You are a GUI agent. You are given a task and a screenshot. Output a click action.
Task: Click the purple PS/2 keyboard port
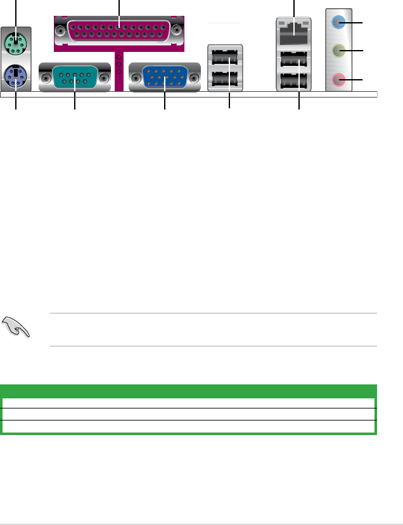15,79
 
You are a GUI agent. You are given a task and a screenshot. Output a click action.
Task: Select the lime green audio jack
340,51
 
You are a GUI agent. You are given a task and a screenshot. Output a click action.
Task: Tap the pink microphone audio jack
340,79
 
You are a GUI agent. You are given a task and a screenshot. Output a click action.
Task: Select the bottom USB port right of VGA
225,79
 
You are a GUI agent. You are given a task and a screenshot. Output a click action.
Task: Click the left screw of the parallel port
62,28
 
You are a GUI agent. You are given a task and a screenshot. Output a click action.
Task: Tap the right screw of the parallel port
177,28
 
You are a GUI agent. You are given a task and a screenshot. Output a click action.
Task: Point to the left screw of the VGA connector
135,78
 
